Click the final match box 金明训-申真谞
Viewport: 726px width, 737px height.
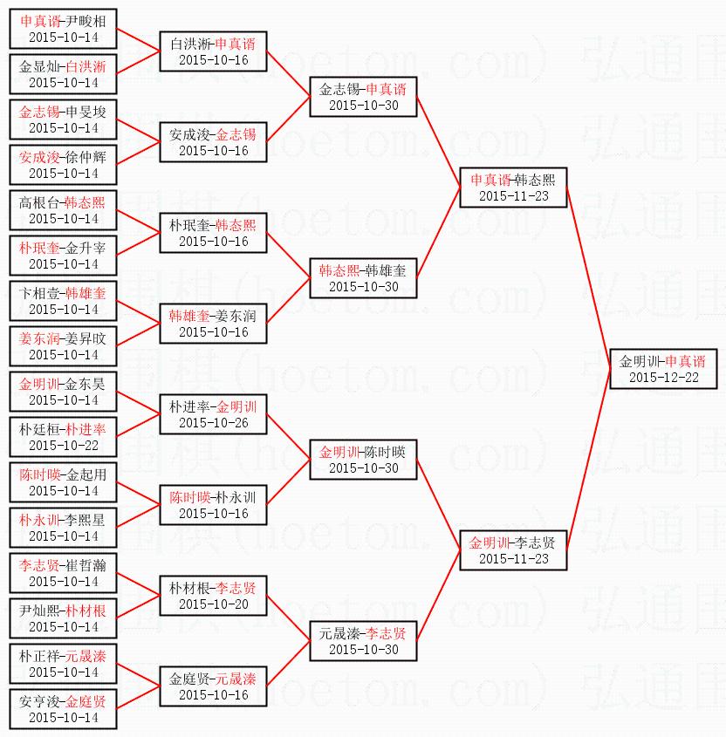662,369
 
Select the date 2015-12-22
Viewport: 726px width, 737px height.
662,378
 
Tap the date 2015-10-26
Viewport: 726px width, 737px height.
213,423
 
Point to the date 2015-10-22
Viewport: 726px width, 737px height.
63,446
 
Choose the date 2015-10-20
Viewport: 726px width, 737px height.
213,604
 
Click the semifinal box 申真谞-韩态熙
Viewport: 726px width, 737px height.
513,188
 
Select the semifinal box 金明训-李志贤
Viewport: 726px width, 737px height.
513,550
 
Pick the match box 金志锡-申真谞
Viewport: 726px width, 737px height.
363,97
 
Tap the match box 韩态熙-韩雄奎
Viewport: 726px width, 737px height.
363,278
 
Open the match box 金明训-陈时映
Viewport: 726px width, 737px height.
363,460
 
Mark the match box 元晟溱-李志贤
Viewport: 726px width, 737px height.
363,641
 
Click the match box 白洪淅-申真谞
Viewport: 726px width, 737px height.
213,51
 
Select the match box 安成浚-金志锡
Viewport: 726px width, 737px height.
213,142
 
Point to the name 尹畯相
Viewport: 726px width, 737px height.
86,20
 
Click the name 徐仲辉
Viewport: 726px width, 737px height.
86,156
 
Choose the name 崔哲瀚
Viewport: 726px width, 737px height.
86,564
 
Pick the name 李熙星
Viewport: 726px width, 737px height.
86,519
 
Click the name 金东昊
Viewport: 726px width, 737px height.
86,383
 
